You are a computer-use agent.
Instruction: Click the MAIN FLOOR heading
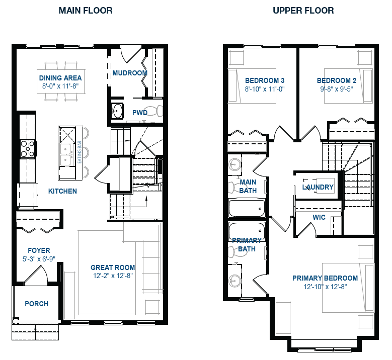[86, 11]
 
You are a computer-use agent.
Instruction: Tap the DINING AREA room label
[60, 78]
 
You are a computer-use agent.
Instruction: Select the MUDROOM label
[130, 73]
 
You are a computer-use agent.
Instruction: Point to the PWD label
[140, 113]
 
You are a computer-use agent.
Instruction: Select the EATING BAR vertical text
[78, 153]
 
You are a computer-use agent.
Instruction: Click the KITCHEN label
[62, 191]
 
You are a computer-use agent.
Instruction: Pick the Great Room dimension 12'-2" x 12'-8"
[113, 275]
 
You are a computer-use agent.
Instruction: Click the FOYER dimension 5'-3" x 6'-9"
[39, 258]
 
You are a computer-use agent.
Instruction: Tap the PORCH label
[37, 304]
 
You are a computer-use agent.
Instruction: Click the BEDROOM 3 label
[265, 80]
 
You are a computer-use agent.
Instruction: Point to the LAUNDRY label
[318, 187]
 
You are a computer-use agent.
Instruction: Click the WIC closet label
[319, 217]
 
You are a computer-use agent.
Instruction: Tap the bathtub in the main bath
[247, 207]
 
